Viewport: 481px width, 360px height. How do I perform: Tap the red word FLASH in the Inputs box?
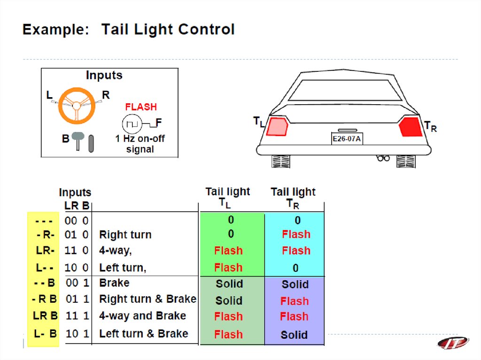tap(141, 107)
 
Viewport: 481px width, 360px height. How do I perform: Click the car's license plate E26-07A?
tap(347, 139)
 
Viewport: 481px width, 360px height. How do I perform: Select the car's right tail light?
tap(411, 127)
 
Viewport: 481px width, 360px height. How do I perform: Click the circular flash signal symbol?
tap(132, 124)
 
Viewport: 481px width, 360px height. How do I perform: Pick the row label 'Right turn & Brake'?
tap(147, 299)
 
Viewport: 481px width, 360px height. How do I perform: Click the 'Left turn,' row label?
tap(123, 268)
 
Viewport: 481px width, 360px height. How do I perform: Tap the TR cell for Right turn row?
tap(296, 234)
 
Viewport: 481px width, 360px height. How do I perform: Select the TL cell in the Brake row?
tap(229, 284)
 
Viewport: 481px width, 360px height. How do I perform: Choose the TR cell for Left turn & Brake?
tap(294, 335)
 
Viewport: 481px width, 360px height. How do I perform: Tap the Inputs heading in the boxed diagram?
tap(104, 76)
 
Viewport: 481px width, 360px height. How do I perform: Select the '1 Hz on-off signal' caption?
tap(140, 144)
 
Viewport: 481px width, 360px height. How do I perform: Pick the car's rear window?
tap(345, 91)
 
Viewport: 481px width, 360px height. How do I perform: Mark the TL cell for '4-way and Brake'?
tap(228, 317)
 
